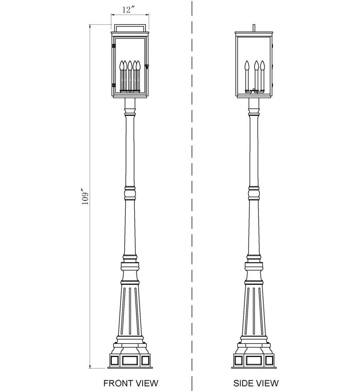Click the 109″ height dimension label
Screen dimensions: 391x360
coord(85,196)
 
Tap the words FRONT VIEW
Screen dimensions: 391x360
coord(131,383)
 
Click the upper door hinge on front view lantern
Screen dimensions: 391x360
coord(113,46)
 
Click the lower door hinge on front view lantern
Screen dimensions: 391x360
coord(113,85)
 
